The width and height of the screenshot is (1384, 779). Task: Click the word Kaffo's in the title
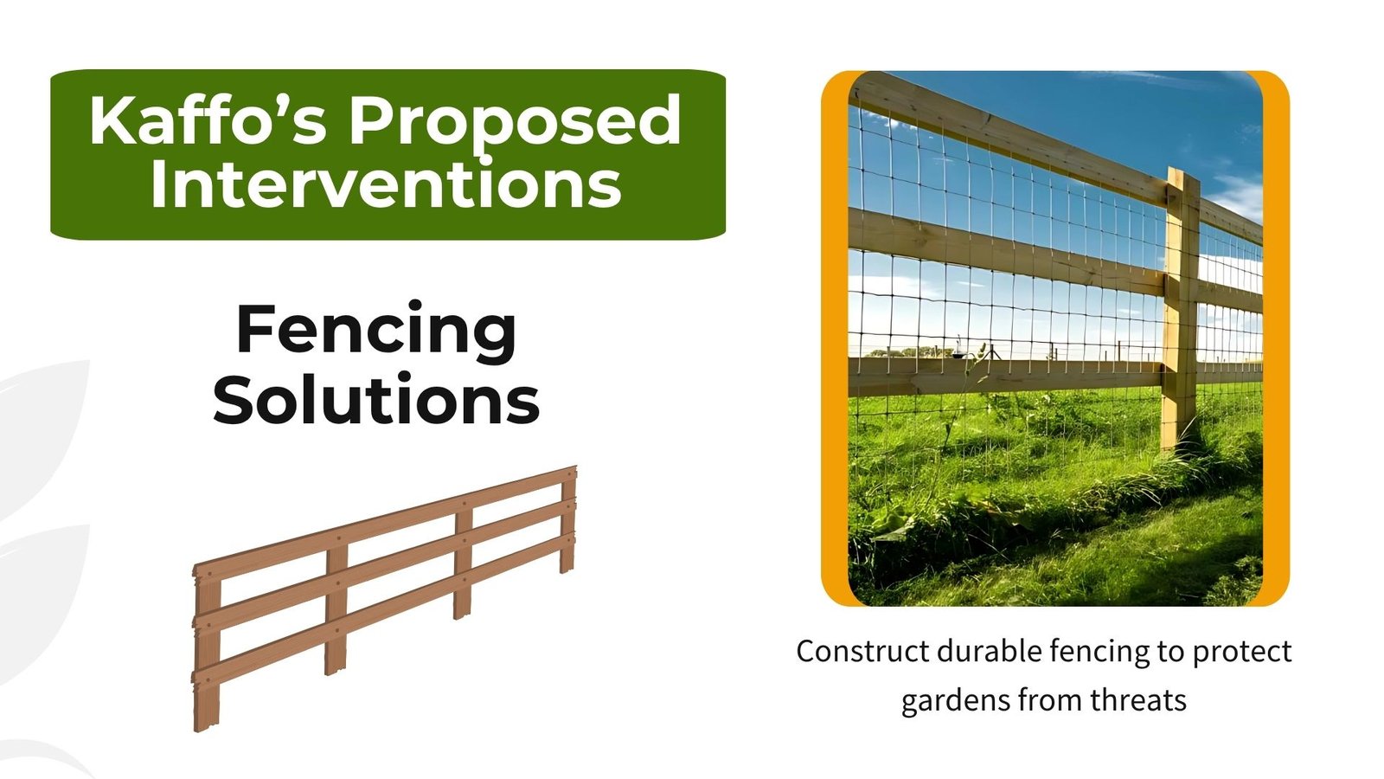208,120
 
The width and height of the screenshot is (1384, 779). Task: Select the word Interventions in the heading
386,183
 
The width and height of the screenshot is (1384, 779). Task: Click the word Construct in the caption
862,652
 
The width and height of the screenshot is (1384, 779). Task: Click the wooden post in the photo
1181,309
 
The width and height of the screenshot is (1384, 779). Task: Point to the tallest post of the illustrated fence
207,648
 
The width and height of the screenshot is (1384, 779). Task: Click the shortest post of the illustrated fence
567,520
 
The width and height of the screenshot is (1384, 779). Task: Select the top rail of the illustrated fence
385,523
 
